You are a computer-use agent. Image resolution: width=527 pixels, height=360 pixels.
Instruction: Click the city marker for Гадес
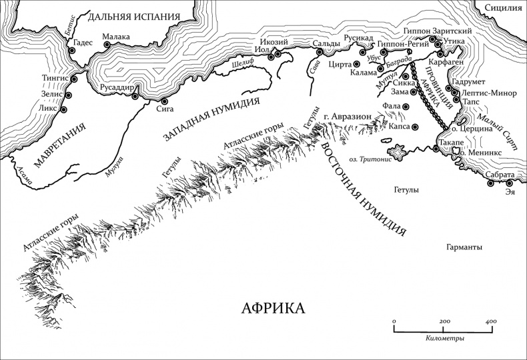point(72,47)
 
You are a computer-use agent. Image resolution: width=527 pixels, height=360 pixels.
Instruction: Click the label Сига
point(165,109)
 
